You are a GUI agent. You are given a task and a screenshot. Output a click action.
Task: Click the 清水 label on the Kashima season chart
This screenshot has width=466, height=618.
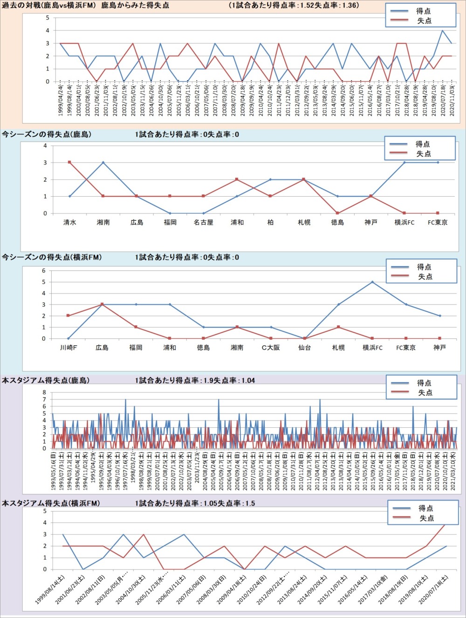[x=70, y=223]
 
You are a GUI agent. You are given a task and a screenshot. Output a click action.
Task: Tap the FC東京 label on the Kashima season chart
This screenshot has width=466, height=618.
[x=438, y=223]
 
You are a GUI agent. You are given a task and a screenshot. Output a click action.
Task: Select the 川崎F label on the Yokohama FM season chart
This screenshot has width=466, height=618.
[x=69, y=348]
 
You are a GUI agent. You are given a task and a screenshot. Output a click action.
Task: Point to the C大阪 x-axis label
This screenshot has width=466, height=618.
[x=271, y=348]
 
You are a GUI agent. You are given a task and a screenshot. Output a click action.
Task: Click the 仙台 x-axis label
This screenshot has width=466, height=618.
[x=304, y=348]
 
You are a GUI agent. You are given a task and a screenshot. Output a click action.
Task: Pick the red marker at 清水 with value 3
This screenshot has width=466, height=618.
[x=69, y=162]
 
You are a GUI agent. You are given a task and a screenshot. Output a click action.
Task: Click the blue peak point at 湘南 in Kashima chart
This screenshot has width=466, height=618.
[x=103, y=163]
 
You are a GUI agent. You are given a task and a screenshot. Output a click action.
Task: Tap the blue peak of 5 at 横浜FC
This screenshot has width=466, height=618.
[x=372, y=282]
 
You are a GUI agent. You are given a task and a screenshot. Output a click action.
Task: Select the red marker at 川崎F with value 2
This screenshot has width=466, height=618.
[x=68, y=316]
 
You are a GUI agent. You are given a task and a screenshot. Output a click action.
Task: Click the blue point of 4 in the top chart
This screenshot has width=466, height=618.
[x=442, y=31]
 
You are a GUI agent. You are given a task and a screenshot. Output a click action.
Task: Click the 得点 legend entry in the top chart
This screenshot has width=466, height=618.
[x=423, y=11]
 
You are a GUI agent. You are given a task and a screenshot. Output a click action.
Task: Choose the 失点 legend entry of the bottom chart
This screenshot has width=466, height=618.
[x=426, y=518]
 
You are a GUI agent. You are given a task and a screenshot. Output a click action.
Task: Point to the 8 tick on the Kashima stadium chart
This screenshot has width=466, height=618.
[x=45, y=392]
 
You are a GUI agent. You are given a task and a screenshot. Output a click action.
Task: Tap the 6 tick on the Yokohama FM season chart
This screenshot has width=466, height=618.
[x=44, y=271]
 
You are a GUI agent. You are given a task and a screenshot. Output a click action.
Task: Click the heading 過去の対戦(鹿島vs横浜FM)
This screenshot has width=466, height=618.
[x=48, y=6]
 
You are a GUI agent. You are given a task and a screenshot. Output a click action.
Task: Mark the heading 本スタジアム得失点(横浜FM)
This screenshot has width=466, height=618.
[x=51, y=503]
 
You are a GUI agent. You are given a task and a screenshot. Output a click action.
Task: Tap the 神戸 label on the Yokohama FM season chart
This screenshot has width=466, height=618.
[x=439, y=348]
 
